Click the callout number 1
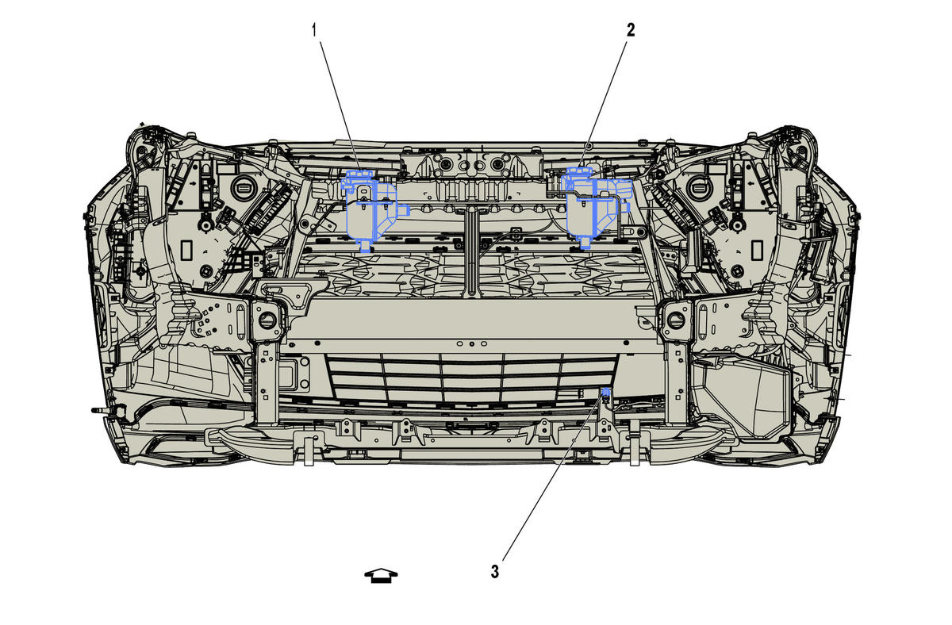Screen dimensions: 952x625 coord(314,31)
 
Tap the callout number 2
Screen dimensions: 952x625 coord(630,29)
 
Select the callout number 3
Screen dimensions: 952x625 coord(495,572)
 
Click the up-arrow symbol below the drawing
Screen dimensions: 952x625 coord(381,576)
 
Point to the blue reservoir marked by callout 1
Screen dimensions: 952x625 coord(370,210)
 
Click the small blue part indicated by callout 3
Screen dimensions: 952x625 coord(606,391)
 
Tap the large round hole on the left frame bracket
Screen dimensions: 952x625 coord(267,320)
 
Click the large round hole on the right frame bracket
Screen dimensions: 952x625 coord(676,320)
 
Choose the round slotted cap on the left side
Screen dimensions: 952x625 coord(243,186)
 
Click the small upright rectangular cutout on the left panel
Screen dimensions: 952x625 coord(186,251)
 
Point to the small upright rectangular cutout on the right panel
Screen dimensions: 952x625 coord(757,251)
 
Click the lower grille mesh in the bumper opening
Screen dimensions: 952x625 coord(471,378)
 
